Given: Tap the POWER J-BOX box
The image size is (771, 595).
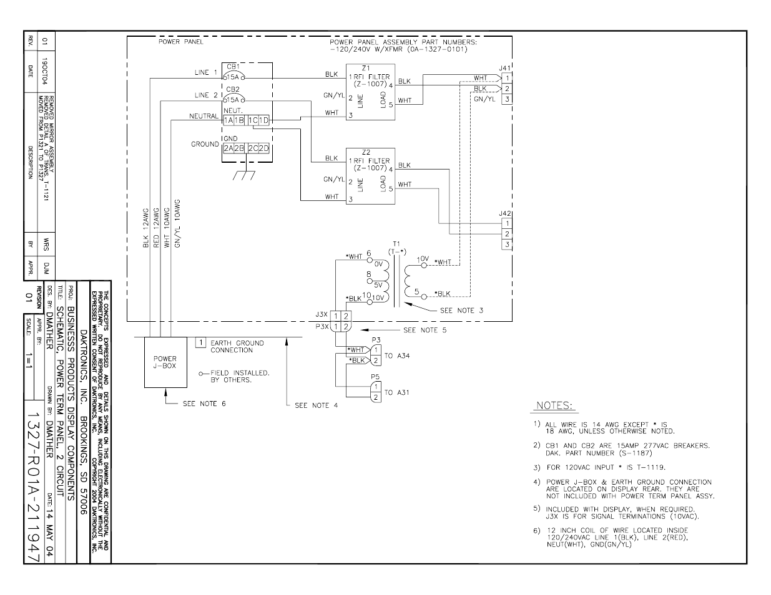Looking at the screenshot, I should tap(165, 362).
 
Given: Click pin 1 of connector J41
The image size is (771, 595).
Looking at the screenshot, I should tap(508, 78).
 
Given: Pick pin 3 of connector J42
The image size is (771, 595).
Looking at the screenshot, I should tap(508, 244).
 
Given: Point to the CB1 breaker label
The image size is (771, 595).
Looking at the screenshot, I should tap(233, 66).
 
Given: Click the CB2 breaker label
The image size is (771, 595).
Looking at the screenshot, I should tap(233, 89).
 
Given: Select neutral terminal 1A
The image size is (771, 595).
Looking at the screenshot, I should tap(228, 120).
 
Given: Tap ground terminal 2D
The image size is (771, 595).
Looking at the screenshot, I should tap(264, 148).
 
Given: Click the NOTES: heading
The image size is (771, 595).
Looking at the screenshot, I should tap(552, 406).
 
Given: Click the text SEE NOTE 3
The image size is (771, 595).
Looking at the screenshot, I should tap(461, 310).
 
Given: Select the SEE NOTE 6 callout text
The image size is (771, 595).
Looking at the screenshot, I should tap(204, 404).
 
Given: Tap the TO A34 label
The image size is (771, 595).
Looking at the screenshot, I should tap(397, 356).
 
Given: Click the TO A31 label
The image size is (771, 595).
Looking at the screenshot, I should tap(397, 392).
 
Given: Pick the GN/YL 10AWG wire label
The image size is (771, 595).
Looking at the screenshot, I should tap(177, 225).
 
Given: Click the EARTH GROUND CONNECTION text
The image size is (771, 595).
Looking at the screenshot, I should tap(237, 346).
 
